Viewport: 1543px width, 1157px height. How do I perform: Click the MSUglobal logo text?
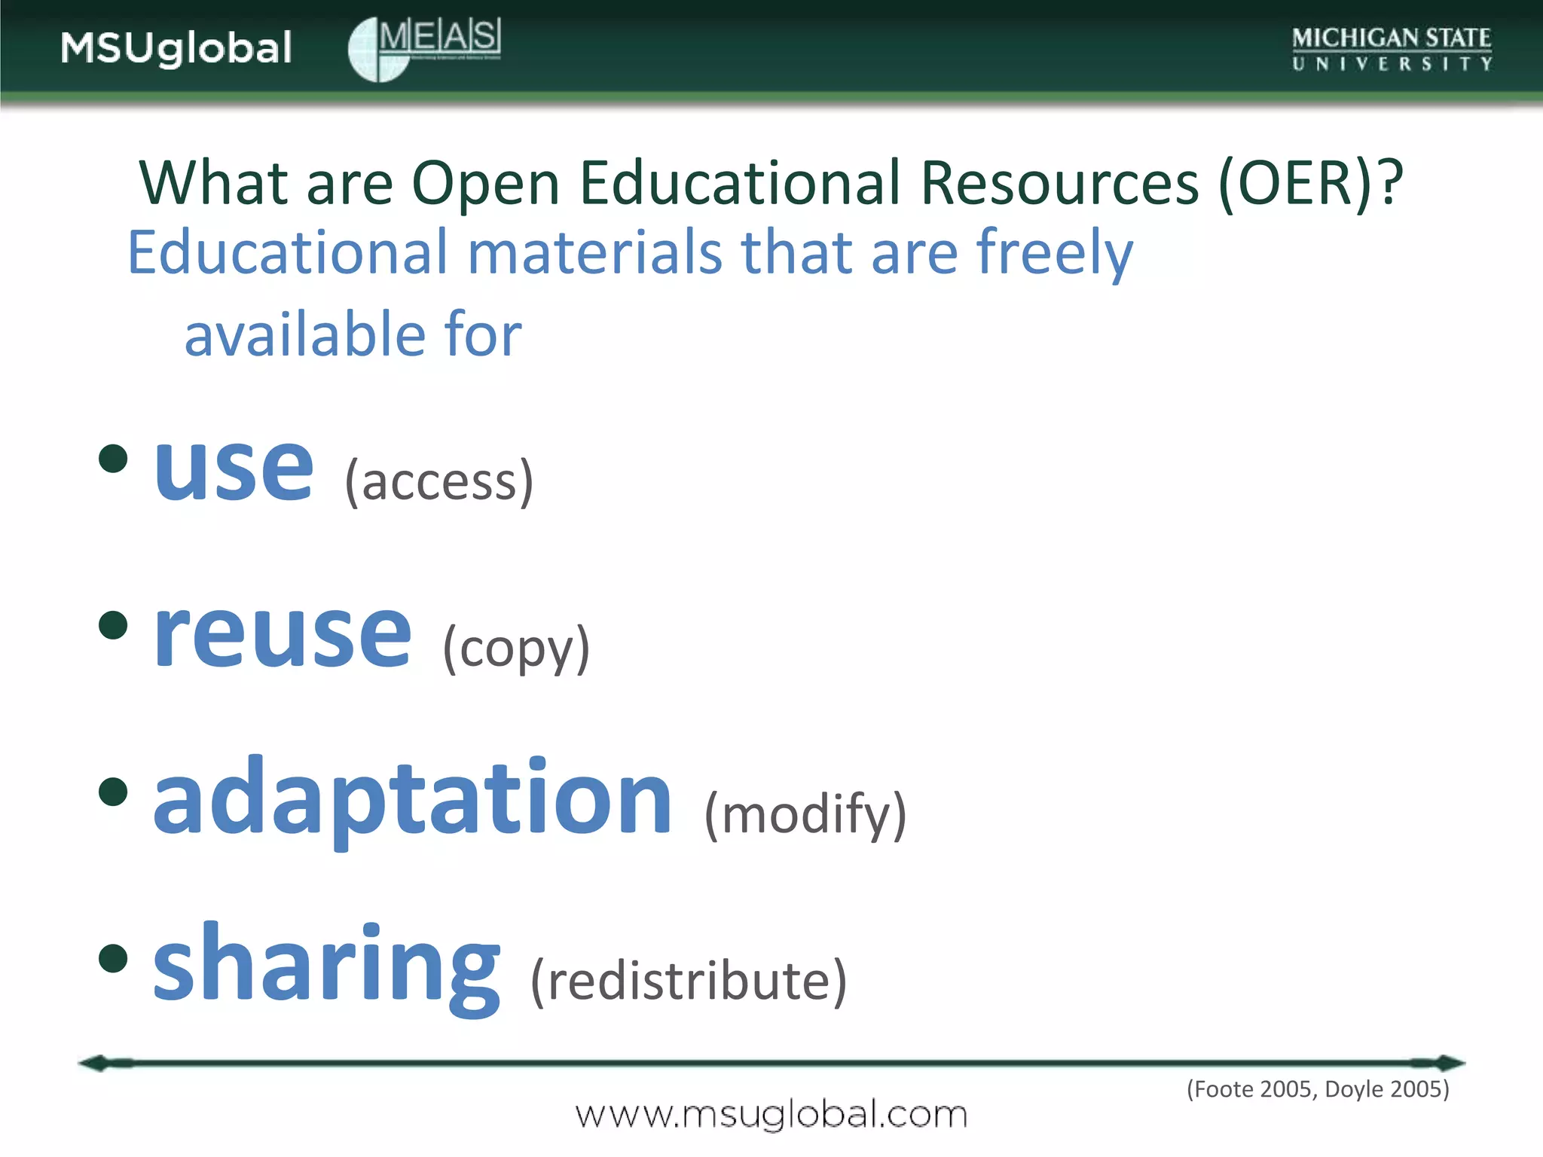pos(176,48)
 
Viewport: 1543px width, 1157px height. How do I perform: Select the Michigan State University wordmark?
pos(1392,49)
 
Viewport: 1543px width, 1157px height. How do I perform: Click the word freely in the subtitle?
pos(1054,254)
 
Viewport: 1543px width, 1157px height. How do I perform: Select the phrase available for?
pos(353,334)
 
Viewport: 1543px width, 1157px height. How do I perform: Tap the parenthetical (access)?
pos(439,481)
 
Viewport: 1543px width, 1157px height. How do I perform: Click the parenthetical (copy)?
pos(516,649)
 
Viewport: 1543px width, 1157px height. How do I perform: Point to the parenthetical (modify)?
pos(805,815)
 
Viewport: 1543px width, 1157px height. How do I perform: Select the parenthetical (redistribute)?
pos(689,981)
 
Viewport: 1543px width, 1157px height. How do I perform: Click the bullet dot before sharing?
pos(113,958)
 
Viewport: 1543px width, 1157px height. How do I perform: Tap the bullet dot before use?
pos(113,458)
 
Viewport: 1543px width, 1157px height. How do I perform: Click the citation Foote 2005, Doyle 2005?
pos(1318,1089)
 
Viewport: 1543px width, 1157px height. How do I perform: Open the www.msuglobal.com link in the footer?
pos(771,1115)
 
